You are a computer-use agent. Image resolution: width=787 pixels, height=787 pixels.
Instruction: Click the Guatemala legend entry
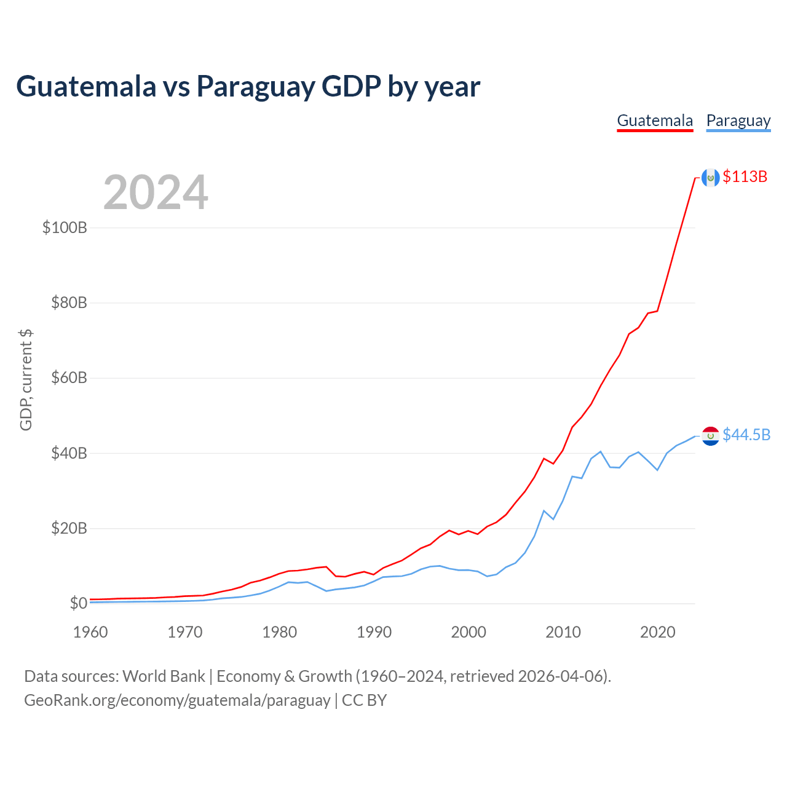coord(655,121)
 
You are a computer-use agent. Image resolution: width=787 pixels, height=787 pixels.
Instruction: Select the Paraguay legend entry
coord(738,121)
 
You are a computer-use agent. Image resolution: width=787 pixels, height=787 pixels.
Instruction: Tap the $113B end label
coord(745,176)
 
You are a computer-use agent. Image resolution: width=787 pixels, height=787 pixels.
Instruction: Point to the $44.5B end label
coord(746,435)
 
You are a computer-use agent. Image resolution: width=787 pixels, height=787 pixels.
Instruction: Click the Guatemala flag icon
coord(710,177)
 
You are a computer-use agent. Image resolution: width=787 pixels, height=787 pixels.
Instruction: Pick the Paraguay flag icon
coord(710,436)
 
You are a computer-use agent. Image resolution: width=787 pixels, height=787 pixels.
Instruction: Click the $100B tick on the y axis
coord(65,227)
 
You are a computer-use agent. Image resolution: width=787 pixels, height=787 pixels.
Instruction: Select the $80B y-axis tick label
coord(69,303)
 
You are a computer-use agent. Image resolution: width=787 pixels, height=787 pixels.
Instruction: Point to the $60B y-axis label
coord(69,378)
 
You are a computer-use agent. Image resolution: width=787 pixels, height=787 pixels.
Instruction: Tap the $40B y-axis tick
coord(69,453)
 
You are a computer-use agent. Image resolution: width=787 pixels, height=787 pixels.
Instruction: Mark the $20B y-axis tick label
coord(69,528)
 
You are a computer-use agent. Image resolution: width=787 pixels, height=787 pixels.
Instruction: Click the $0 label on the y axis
coord(79,603)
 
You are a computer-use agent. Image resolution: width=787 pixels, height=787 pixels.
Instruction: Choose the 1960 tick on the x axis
coord(90,632)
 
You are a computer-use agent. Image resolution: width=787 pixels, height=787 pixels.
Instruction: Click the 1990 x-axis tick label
coord(374,632)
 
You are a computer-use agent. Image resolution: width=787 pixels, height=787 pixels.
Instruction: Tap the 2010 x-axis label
coord(563,632)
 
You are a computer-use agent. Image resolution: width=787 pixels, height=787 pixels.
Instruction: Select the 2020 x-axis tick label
coord(657,632)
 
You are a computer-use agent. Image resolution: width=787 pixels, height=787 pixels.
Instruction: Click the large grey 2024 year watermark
coord(156,192)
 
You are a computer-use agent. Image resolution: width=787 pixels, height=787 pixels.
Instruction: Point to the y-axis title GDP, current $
coord(26,380)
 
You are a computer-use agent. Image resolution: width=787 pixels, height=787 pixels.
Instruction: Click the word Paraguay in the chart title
coord(256,87)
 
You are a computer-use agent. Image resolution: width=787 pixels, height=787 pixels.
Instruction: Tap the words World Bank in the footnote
coord(164,676)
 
